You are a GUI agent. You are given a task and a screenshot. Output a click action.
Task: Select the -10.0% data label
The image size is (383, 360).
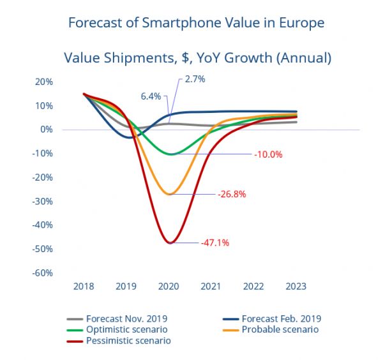click(x=267, y=154)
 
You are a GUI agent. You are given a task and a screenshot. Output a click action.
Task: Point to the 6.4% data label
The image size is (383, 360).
click(x=152, y=96)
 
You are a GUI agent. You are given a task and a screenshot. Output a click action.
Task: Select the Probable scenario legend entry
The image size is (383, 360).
click(x=278, y=330)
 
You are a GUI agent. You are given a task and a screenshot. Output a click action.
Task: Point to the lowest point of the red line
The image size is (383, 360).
click(x=170, y=243)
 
